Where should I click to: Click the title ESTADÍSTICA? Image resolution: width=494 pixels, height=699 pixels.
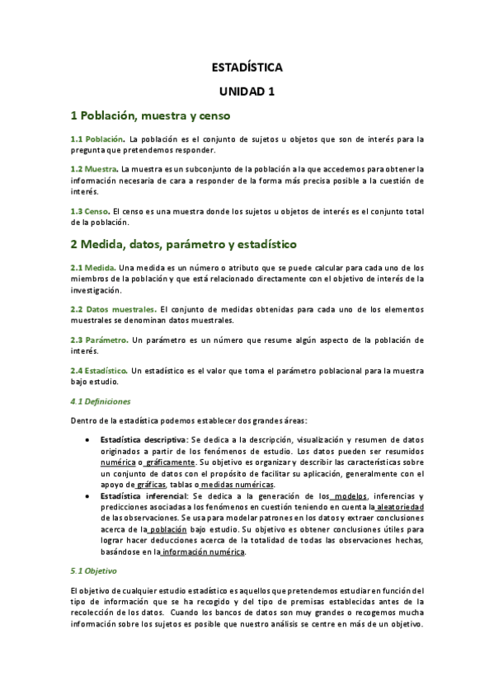tap(247, 68)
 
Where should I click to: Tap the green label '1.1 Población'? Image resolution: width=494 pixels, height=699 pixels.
tap(97, 138)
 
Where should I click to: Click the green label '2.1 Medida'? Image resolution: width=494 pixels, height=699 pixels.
tap(92, 267)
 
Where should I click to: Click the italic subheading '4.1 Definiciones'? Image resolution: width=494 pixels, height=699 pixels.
tap(101, 401)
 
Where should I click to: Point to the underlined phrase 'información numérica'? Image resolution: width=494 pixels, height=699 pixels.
tap(204, 551)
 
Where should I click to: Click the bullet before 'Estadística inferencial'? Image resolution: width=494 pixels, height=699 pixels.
tap(88, 496)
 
